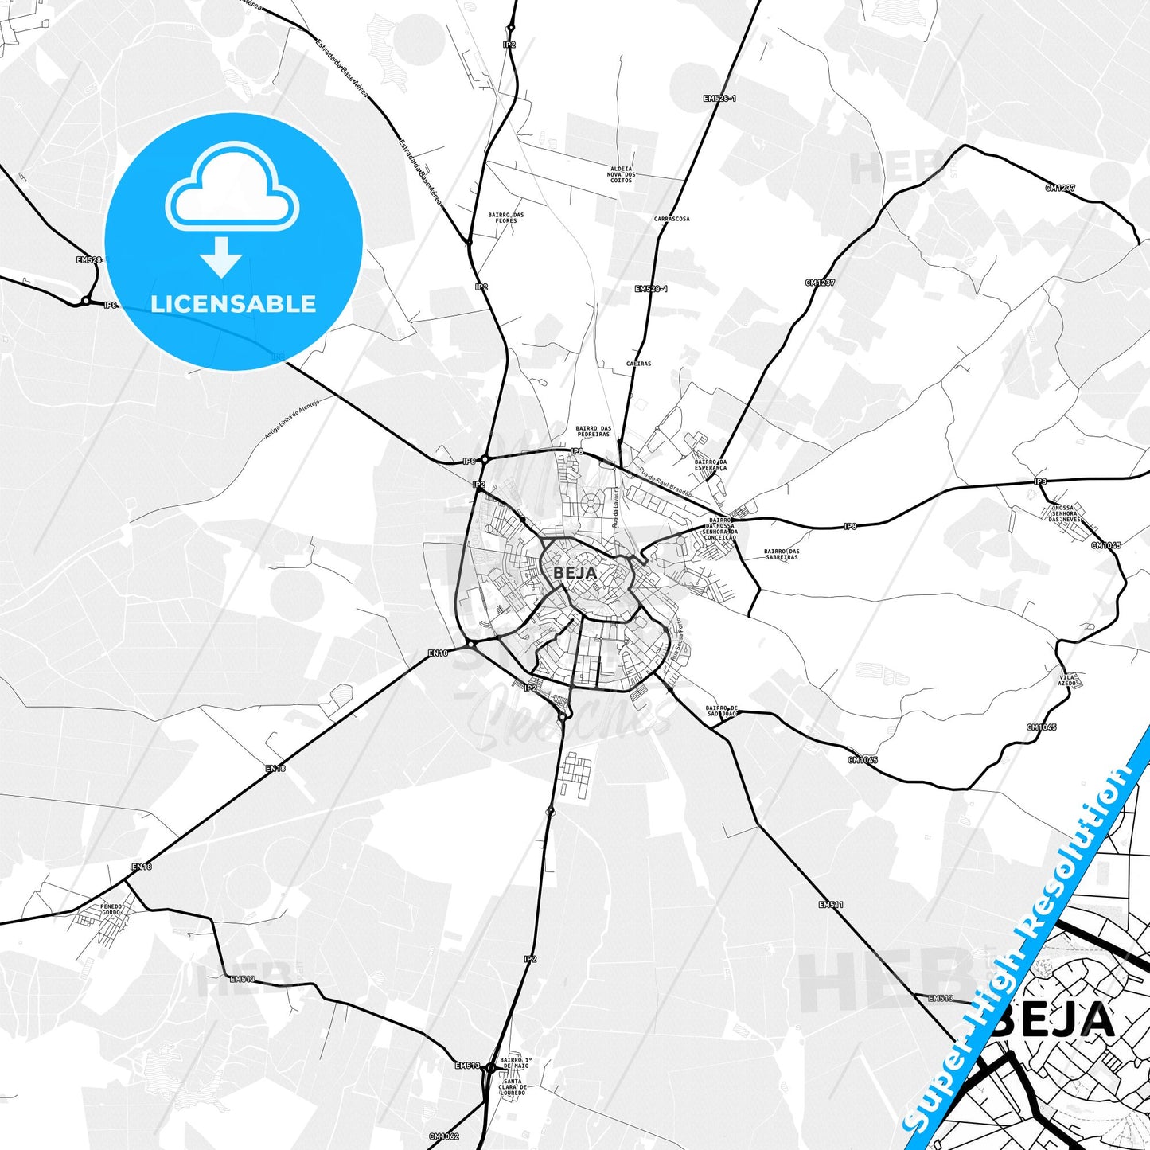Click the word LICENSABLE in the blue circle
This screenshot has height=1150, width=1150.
coord(233,304)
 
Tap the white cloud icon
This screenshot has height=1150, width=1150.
coord(232,191)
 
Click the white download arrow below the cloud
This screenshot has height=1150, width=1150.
coord(221,256)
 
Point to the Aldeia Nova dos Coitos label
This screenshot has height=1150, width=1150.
coord(621,174)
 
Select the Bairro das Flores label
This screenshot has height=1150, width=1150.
coord(506,217)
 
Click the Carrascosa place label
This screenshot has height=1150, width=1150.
coord(672,219)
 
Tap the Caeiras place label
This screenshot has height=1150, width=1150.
coord(638,364)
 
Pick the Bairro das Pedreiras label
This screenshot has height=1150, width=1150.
coord(593,431)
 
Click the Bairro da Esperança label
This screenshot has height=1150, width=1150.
coord(711,465)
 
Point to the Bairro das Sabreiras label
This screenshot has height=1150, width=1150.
coord(782,554)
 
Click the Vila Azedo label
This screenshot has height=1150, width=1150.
coord(1067,680)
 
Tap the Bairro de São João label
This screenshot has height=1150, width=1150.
coord(722,710)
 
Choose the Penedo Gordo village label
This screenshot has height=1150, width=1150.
coord(111,909)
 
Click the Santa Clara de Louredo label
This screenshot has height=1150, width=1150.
coord(513,1087)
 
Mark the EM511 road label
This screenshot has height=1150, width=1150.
coord(830,905)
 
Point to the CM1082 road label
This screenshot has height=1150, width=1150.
coord(443,1136)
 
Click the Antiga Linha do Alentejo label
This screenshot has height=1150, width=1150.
coord(291,420)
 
